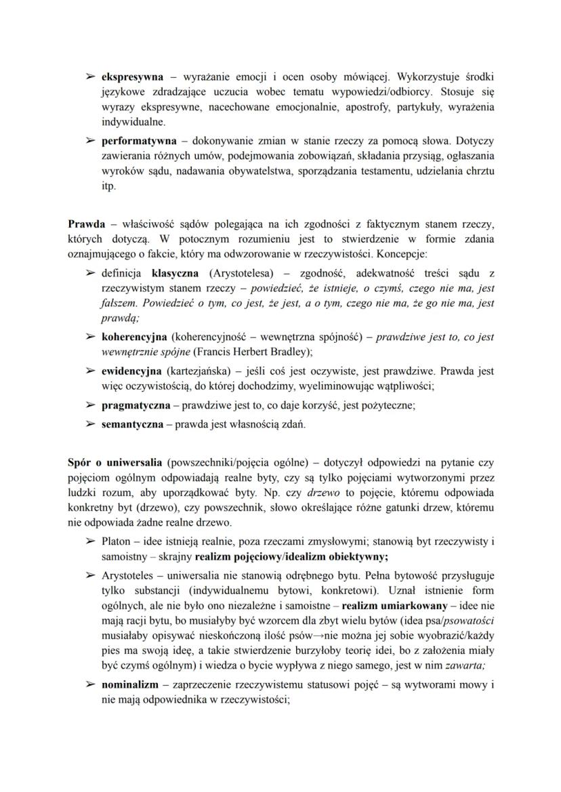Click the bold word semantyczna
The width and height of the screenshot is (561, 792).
coord(132,425)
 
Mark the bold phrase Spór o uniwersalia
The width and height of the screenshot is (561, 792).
coord(115,462)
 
